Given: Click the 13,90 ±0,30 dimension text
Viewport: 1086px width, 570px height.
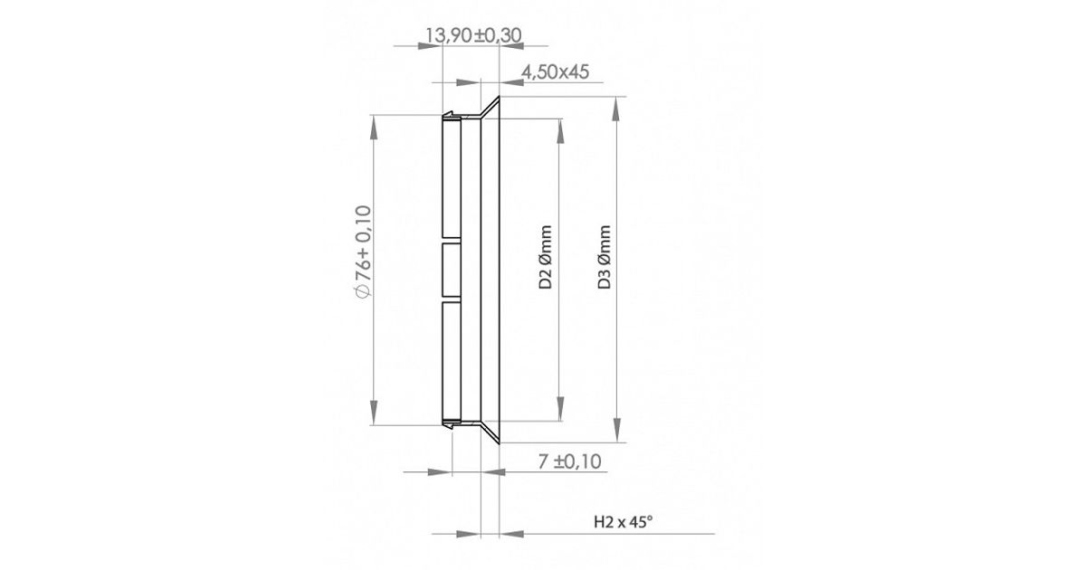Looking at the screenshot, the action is [x=473, y=35].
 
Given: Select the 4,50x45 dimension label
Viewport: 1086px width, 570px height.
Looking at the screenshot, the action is [x=555, y=71].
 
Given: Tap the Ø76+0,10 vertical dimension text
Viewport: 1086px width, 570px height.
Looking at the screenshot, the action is [x=363, y=252].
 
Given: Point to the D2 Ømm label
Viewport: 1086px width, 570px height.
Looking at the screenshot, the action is [x=546, y=257].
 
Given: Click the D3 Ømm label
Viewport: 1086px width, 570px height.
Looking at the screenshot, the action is [x=604, y=257].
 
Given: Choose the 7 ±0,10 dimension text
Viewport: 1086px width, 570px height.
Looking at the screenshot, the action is [x=569, y=461].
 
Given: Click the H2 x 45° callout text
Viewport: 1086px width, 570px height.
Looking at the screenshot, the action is [x=624, y=522].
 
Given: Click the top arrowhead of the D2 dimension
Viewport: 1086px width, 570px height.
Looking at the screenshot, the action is [x=560, y=131].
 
